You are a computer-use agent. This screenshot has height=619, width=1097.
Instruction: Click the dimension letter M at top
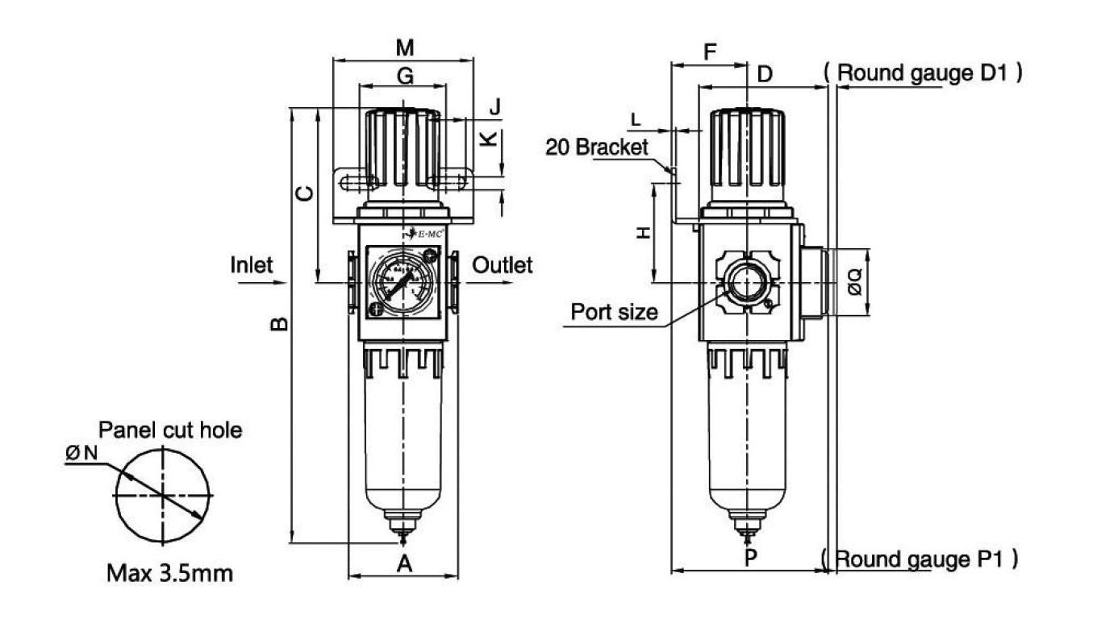click(406, 48)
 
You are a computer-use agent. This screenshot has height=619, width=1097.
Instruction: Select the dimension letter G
click(406, 76)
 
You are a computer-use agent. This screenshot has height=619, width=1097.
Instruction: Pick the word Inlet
click(252, 264)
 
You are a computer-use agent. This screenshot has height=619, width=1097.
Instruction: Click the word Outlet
click(502, 264)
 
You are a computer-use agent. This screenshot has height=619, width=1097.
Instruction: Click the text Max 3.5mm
click(170, 574)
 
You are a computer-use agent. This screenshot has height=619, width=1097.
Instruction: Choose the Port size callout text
click(615, 312)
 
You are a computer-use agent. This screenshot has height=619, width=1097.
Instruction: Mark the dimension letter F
click(711, 53)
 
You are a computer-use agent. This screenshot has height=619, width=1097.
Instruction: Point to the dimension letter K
click(489, 139)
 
